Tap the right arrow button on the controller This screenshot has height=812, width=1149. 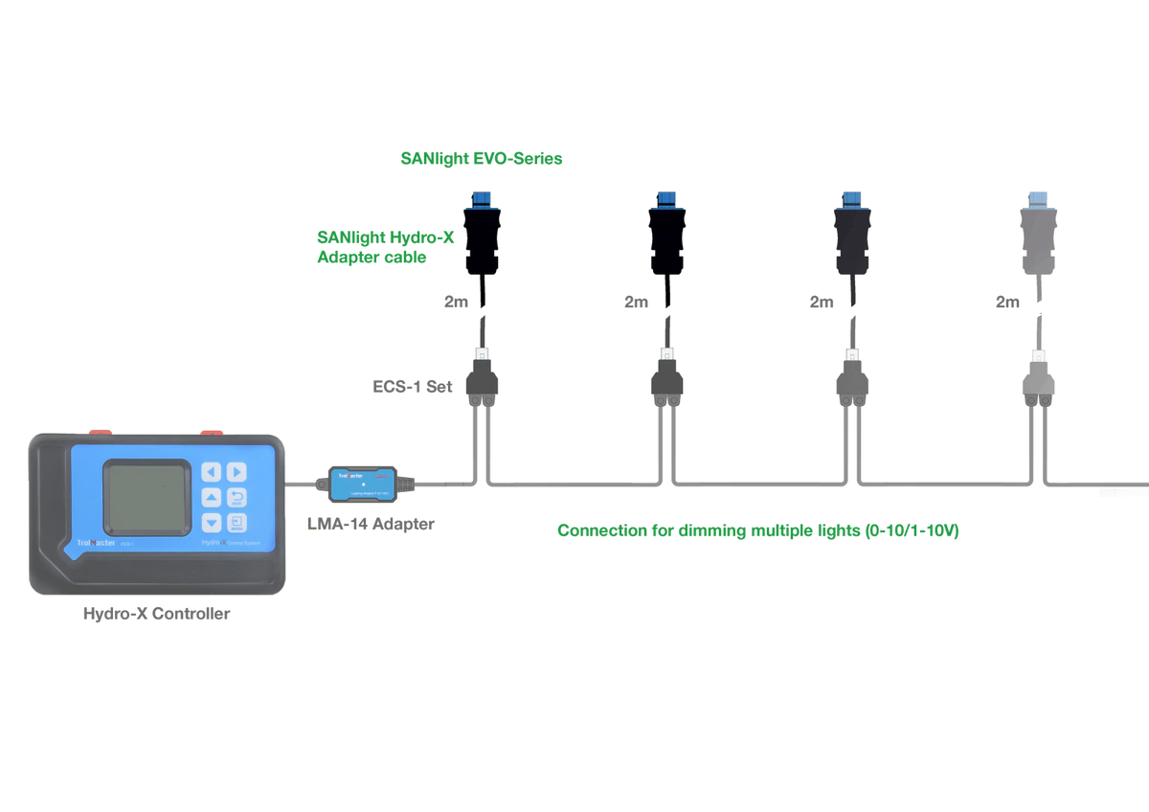pos(237,472)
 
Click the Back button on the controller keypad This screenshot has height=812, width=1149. pos(237,497)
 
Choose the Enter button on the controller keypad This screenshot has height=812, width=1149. pos(237,522)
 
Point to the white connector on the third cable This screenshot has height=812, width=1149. pos(850,354)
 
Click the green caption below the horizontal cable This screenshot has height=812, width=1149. pos(759,531)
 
